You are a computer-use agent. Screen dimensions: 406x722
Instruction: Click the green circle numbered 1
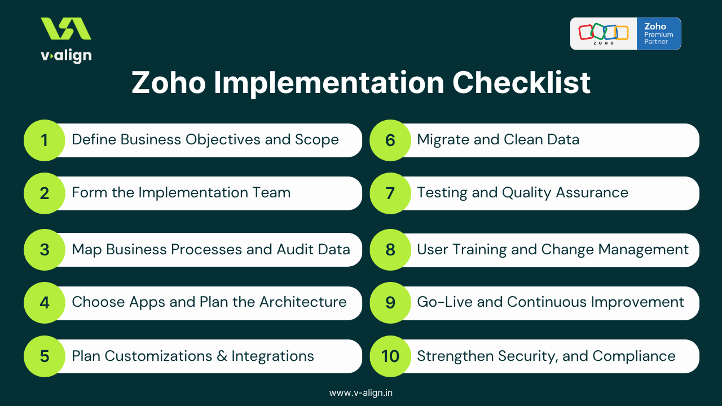tap(44, 140)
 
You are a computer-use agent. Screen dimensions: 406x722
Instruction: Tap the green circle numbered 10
tap(390, 356)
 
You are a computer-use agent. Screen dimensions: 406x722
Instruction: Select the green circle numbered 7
tap(390, 193)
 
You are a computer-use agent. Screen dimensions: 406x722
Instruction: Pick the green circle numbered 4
tap(44, 302)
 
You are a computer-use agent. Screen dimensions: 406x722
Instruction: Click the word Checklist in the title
tap(522, 83)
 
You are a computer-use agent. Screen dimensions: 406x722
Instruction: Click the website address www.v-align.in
tap(361, 392)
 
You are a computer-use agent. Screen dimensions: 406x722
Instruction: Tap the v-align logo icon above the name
tap(66, 29)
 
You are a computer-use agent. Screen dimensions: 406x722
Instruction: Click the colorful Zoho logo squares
tap(603, 33)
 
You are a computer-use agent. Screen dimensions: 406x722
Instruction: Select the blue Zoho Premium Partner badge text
tap(658, 34)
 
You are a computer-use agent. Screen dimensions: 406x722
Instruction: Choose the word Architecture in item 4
tap(303, 302)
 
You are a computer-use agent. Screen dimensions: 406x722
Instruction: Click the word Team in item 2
tap(272, 192)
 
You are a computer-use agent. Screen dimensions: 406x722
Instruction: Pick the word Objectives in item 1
tap(219, 140)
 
